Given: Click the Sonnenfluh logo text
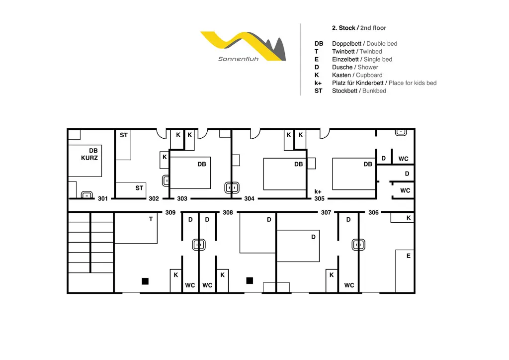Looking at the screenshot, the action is (x=238, y=59).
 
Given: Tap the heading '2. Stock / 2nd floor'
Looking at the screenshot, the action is (x=359, y=28).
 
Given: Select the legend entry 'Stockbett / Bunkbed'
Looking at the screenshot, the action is (x=359, y=91).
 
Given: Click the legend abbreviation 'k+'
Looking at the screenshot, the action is (x=318, y=83).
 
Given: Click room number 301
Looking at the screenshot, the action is (x=102, y=198).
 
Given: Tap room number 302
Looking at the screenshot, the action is (x=154, y=198).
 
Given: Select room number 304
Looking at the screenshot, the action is (x=249, y=198).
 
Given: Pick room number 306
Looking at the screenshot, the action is (x=373, y=212).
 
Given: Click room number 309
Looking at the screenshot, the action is (x=170, y=212).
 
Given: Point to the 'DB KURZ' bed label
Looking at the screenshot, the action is (x=89, y=154).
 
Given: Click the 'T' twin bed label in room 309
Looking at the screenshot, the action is (x=151, y=219).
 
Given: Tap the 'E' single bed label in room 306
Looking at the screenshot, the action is (x=409, y=256).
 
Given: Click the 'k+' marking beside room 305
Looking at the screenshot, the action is (x=318, y=191).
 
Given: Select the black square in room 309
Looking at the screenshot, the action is (x=145, y=281).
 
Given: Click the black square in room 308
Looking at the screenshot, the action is (x=250, y=280).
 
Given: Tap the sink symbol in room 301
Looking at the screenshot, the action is (x=86, y=195).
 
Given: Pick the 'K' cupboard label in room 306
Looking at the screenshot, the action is (x=409, y=218).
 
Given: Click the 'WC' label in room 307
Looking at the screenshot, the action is (x=349, y=285).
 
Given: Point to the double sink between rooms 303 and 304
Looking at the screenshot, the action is (x=232, y=187).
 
